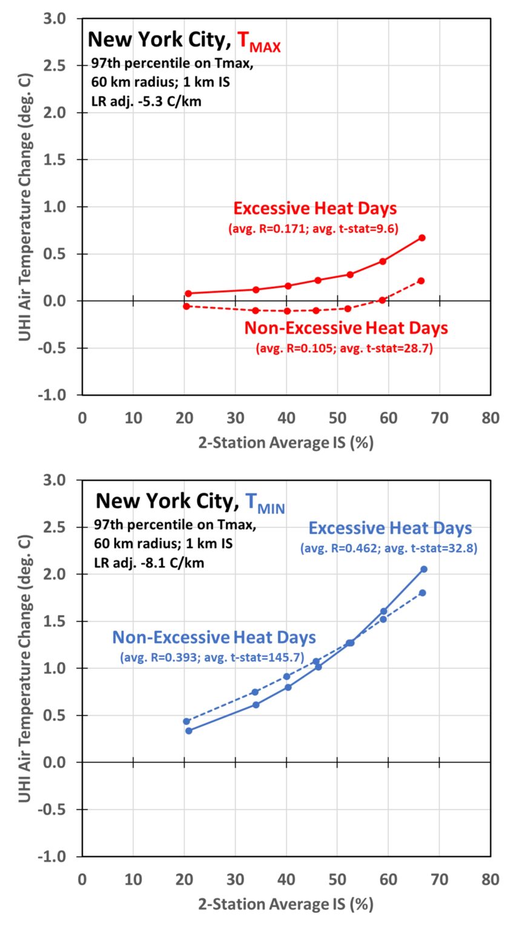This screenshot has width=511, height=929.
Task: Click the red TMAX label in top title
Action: pyautogui.click(x=259, y=41)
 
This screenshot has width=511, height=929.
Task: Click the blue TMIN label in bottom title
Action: pyautogui.click(x=265, y=503)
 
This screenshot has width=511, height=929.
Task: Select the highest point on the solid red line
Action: pyautogui.click(x=422, y=238)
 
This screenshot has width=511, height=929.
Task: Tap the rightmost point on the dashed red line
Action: pyautogui.click(x=421, y=281)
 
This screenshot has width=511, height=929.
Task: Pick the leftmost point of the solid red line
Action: pyautogui.click(x=188, y=293)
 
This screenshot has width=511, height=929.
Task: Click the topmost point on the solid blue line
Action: pyautogui.click(x=424, y=569)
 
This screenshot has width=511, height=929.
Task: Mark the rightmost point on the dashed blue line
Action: pyautogui.click(x=423, y=593)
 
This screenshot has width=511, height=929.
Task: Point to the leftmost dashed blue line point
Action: pyautogui.click(x=186, y=722)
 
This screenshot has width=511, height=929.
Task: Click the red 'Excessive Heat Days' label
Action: pyautogui.click(x=315, y=209)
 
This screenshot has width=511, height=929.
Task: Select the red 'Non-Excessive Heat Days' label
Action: pyautogui.click(x=346, y=328)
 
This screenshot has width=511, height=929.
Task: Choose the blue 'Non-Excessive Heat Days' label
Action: pyautogui.click(x=214, y=637)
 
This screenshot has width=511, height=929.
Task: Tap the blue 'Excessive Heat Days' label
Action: pyautogui.click(x=390, y=528)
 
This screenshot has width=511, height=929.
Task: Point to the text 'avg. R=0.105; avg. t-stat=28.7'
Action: pyautogui.click(x=345, y=349)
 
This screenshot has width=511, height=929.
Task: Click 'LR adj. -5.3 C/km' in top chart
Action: pyautogui.click(x=146, y=102)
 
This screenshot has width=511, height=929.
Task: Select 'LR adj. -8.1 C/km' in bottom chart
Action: pyautogui.click(x=148, y=563)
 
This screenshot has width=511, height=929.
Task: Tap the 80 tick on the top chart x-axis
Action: pyautogui.click(x=490, y=418)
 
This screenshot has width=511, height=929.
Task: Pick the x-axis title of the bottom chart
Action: pyautogui.click(x=286, y=905)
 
